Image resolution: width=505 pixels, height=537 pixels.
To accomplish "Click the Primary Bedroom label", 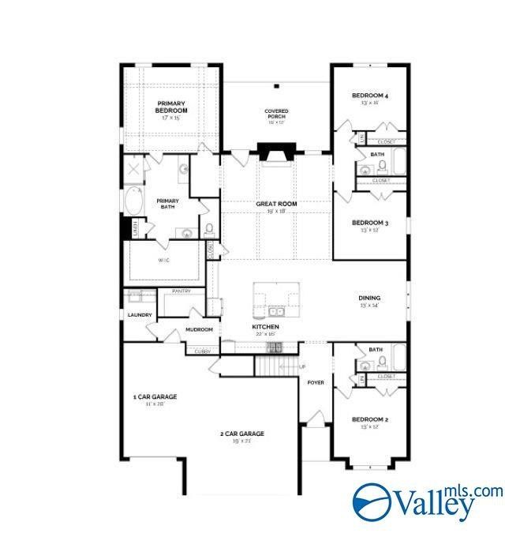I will pyautogui.click(x=171, y=107).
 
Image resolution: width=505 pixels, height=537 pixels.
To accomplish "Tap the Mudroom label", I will pyautogui.click(x=199, y=329).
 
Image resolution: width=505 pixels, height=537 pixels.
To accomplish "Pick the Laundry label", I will pyautogui.click(x=140, y=314).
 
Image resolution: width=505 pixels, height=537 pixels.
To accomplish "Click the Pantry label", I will pyautogui.click(x=181, y=291).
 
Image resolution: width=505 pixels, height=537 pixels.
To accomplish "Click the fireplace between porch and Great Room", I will pyautogui.click(x=276, y=152).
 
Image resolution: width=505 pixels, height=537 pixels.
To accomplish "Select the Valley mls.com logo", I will pyautogui.click(x=426, y=501).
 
